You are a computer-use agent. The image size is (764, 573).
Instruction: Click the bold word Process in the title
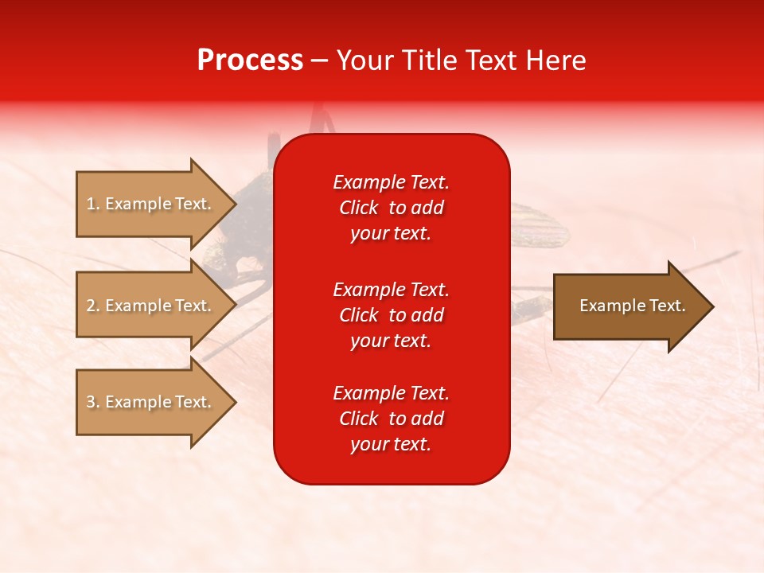[250, 60]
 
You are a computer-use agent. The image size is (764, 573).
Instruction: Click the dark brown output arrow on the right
[629, 306]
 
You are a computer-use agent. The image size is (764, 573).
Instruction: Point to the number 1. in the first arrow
[93, 204]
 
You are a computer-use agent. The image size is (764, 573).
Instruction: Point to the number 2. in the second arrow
[93, 306]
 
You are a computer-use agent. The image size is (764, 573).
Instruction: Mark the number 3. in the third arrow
[93, 402]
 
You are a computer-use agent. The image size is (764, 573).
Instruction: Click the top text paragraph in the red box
[391, 208]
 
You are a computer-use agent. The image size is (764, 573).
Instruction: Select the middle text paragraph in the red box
[391, 315]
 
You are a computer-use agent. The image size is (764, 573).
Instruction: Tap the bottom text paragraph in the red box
[391, 419]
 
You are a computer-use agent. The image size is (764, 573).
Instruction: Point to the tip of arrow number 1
[234, 204]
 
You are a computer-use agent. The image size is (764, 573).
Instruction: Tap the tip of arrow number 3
[234, 402]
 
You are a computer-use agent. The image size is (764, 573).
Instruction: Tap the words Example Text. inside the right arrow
[632, 306]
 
